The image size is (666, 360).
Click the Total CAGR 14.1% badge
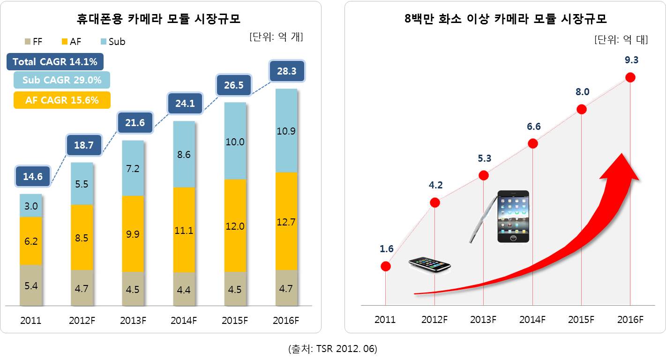click(55, 62)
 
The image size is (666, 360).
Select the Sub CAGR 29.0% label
click(62, 80)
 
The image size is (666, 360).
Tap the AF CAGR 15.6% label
click(62, 100)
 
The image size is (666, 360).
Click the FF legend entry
click(33, 42)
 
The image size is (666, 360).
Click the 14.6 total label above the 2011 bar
click(32, 177)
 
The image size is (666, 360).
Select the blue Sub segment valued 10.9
click(286, 131)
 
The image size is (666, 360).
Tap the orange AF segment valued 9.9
click(133, 233)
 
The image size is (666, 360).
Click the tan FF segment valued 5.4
click(30, 285)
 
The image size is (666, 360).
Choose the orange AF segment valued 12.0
click(235, 225)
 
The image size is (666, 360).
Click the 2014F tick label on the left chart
click(184, 321)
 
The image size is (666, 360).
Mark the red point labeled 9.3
click(630, 77)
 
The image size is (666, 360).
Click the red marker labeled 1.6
click(385, 266)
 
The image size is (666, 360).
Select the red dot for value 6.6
click(532, 143)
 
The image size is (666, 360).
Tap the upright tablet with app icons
click(513, 216)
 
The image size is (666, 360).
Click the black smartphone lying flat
click(429, 264)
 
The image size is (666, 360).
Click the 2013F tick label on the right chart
click(483, 320)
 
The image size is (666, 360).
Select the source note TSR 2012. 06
click(333, 349)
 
